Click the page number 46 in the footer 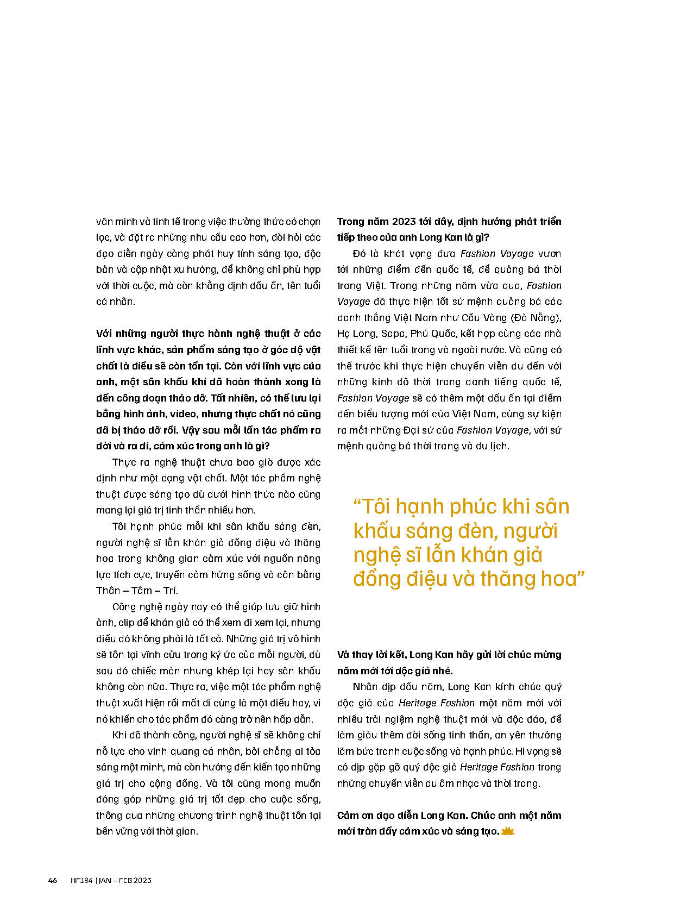point(53,880)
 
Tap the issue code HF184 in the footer point(82,880)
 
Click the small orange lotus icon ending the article point(508,831)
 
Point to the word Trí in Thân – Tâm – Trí point(170,591)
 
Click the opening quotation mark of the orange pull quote point(357,506)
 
